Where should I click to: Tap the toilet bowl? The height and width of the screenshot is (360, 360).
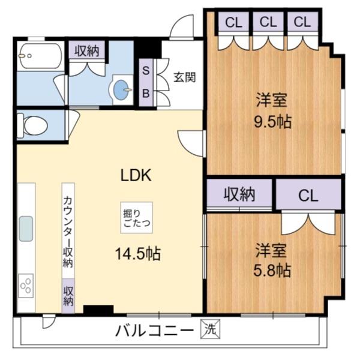(35, 126)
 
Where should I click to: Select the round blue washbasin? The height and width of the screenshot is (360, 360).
(122, 90)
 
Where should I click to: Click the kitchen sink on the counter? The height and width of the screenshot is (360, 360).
(26, 229)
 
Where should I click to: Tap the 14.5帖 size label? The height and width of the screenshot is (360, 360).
(137, 253)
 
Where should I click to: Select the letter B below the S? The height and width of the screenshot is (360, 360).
(146, 94)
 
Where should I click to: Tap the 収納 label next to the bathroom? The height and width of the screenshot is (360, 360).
(88, 52)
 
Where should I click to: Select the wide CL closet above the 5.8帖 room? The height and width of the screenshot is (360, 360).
(308, 194)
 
